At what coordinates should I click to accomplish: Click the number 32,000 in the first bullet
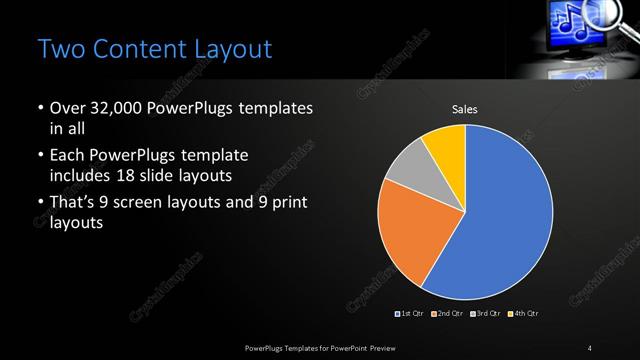click(111, 107)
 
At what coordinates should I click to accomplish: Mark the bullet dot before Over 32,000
click(39, 107)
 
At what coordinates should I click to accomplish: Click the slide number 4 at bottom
click(590, 347)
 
